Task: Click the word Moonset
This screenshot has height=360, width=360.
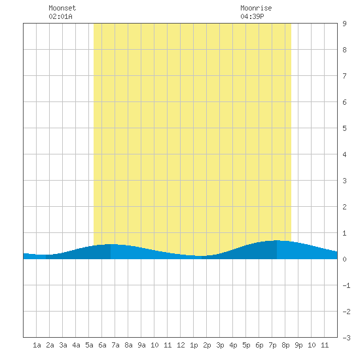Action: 62,8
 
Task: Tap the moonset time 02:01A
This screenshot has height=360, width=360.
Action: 60,16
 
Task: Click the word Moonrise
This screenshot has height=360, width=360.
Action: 256,8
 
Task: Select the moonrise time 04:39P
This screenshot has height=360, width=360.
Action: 252,16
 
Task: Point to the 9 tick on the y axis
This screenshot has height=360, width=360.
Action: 344,24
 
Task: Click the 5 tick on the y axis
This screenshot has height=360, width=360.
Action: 344,128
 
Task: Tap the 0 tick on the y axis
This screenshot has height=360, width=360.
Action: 344,259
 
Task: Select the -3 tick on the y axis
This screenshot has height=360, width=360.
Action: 346,338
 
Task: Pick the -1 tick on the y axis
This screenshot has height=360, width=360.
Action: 346,285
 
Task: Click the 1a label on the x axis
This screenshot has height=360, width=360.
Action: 37,345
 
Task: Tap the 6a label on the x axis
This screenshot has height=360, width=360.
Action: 102,345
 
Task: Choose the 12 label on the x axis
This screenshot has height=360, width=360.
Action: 181,345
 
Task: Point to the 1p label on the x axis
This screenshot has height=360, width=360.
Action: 194,345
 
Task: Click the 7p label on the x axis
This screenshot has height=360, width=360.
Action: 272,345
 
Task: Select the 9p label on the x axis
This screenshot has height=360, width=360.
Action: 298,345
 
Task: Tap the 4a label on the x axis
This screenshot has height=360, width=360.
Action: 76,345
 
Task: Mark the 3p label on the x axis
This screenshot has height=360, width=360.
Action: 220,345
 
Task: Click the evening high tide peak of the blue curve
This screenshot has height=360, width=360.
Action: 277,240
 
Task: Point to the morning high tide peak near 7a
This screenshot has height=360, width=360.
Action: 111,244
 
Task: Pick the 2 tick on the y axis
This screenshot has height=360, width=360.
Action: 344,207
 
